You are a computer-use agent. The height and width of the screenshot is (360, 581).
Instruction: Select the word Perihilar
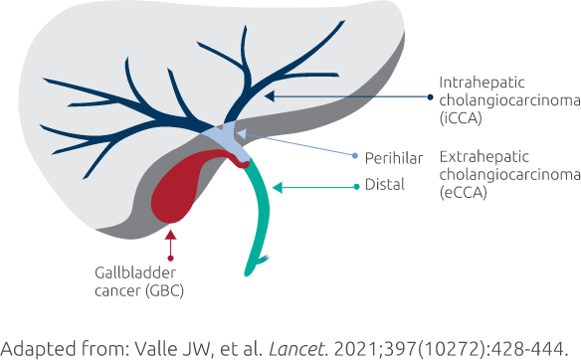pyautogui.click(x=395, y=157)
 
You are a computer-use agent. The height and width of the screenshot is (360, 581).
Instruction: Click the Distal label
pyautogui.click(x=384, y=185)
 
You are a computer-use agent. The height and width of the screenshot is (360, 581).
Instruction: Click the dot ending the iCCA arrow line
pyautogui.click(x=430, y=97)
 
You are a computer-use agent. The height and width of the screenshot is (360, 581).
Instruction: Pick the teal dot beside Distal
pyautogui.click(x=357, y=185)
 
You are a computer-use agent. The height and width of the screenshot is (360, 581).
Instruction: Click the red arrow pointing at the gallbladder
pyautogui.click(x=172, y=242)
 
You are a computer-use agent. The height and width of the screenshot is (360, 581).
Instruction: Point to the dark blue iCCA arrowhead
pyautogui.click(x=270, y=95)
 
